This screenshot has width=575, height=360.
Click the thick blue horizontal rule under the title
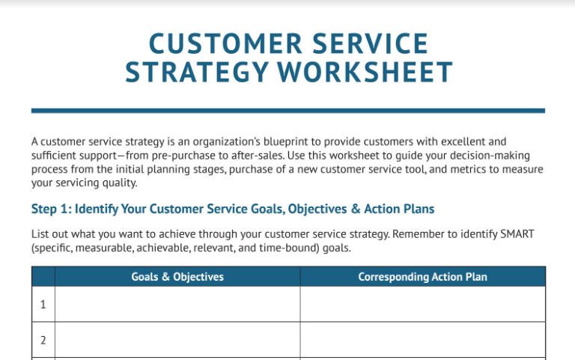tap(287, 111)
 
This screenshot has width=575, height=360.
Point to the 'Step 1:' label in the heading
tap(51, 209)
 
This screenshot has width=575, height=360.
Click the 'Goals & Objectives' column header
tap(177, 277)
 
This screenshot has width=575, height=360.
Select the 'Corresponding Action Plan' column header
tap(422, 277)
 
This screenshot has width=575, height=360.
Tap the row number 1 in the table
tap(43, 305)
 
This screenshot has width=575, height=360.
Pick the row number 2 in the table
tap(43, 340)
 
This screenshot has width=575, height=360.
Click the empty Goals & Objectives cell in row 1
tap(177, 305)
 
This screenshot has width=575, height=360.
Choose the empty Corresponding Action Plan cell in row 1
tap(422, 305)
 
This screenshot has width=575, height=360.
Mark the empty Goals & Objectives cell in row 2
tap(177, 340)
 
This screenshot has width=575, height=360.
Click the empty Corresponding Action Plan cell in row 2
tap(422, 340)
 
